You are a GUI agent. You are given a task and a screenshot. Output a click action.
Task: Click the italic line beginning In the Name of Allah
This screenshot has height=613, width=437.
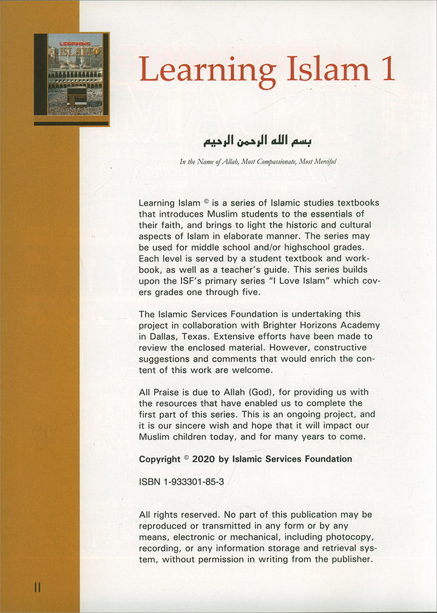[x=258, y=162]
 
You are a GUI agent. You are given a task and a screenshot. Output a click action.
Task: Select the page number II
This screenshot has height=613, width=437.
[x=37, y=587]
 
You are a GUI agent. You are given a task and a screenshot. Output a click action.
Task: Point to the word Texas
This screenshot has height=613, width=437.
[x=203, y=336]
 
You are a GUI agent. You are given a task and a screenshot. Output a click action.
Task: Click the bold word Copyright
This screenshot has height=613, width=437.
[x=160, y=459]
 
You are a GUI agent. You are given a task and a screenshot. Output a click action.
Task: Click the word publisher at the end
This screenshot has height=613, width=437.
[x=348, y=559]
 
